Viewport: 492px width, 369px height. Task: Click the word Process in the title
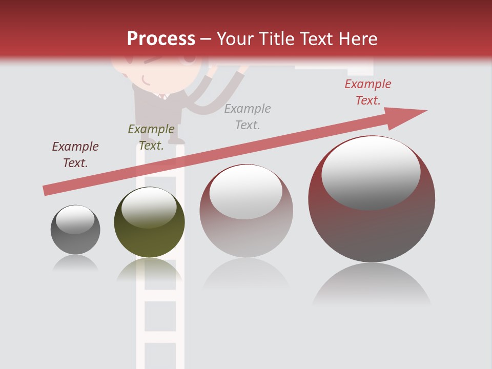click(161, 39)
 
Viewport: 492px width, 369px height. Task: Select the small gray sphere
click(75, 230)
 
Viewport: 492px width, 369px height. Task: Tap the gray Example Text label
click(248, 116)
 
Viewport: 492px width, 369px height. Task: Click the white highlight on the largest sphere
click(371, 172)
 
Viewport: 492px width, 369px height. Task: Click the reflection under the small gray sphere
click(76, 263)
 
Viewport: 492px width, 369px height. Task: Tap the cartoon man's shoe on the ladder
click(176, 140)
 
